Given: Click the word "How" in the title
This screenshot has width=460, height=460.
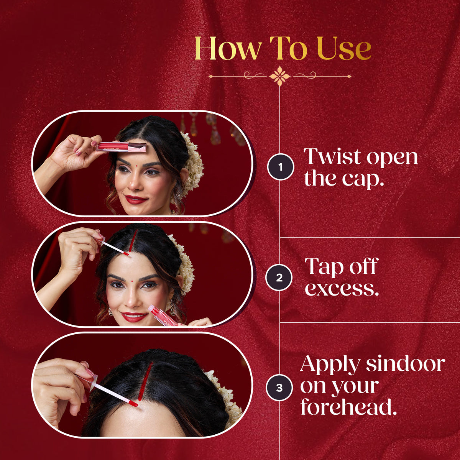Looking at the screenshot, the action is (228, 48).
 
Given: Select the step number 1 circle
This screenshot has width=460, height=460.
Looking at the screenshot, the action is (281, 167).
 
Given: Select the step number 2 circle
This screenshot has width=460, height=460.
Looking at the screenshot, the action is (279, 278).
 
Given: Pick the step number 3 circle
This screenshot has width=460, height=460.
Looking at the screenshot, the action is (279, 388).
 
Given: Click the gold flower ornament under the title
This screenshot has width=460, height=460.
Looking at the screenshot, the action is (280, 76).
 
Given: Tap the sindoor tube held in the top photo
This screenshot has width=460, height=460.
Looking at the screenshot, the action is (122, 146).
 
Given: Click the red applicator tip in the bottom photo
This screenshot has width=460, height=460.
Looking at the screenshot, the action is (133, 403).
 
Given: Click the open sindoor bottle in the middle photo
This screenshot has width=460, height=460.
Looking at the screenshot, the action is (163, 315).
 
